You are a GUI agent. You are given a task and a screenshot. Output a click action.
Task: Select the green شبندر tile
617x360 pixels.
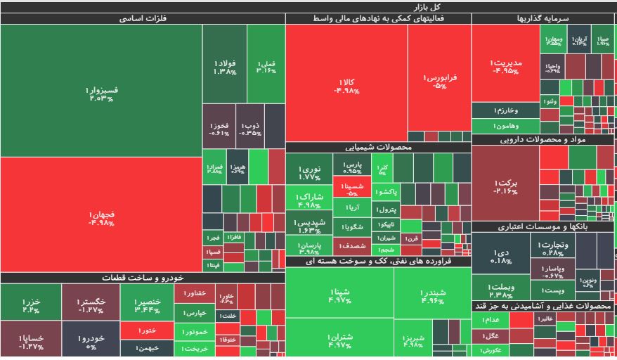tap(432, 293)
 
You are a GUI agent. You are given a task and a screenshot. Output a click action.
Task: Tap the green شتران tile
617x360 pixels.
tap(339, 340)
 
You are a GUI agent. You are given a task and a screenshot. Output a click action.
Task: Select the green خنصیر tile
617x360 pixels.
tap(147, 304)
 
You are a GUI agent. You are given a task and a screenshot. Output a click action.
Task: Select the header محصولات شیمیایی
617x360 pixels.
tap(378, 148)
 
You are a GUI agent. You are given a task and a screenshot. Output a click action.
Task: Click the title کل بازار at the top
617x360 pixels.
tap(308, 6)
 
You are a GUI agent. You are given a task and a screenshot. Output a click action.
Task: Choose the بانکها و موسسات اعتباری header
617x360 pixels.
tap(543, 226)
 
